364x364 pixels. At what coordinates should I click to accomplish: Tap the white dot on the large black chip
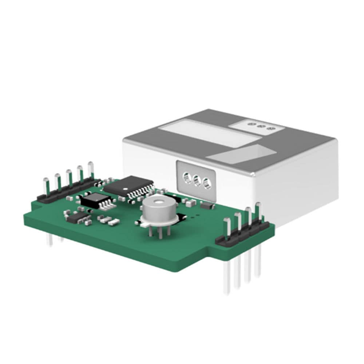click(125, 189)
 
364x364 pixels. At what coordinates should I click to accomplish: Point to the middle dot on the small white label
click(260, 126)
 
